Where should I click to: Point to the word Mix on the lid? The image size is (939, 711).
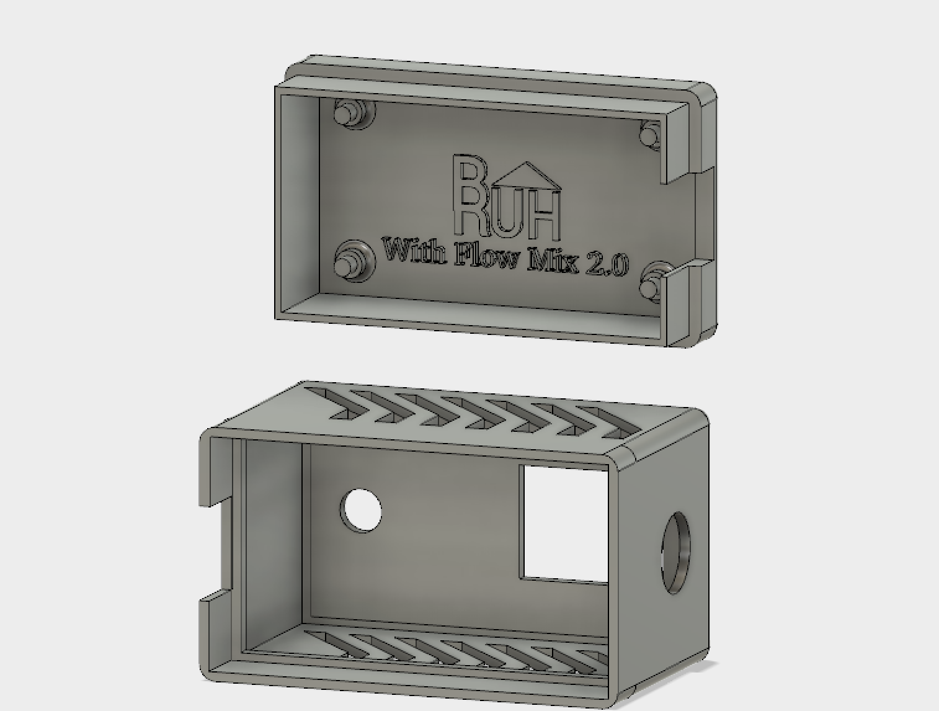[553, 262]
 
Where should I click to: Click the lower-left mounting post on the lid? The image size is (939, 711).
[354, 261]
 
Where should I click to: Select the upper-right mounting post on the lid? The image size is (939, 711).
[650, 135]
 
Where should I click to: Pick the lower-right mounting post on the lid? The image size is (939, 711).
[651, 283]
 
